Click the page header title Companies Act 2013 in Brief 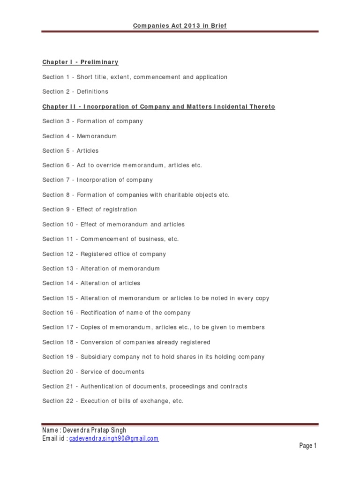pos(180,26)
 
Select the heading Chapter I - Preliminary pos(80,62)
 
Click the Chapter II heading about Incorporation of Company pos(158,106)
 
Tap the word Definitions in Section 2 pos(92,91)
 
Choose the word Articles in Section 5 pos(88,150)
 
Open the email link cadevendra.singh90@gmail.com pos(114,439)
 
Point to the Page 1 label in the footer pos(308,446)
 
